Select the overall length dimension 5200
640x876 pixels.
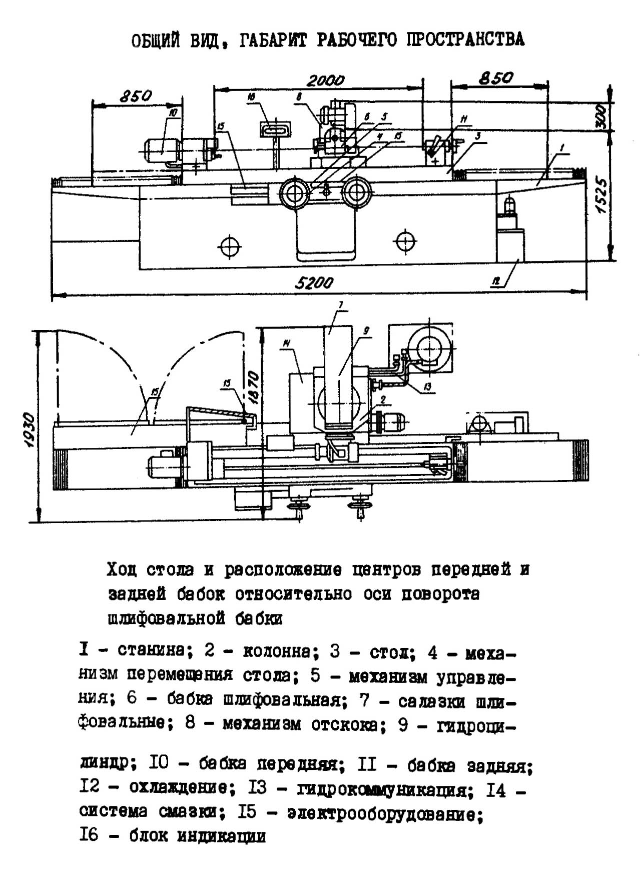[x=314, y=283]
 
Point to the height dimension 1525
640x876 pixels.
[x=601, y=196]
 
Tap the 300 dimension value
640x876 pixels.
[x=601, y=117]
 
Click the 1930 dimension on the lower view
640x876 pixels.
[x=31, y=429]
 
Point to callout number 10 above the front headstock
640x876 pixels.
[x=173, y=113]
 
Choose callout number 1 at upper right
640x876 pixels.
[x=562, y=148]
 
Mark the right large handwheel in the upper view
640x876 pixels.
[x=357, y=192]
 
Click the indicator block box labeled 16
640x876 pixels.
[x=275, y=129]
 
